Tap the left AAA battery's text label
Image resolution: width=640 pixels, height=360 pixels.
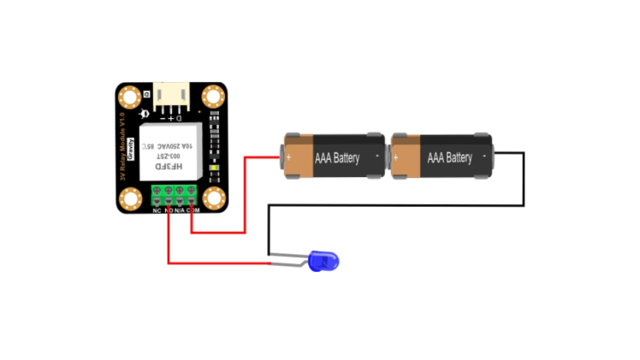[x=337, y=158]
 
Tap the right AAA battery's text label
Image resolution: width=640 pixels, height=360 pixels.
[x=449, y=158]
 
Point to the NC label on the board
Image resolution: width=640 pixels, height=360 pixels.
[x=157, y=210]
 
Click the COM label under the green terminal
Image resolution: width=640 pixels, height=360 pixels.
[x=193, y=210]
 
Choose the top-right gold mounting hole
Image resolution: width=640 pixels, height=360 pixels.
[x=212, y=97]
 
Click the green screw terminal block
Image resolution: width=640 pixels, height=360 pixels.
[x=175, y=192]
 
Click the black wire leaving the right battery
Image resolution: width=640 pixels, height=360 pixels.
[x=524, y=180]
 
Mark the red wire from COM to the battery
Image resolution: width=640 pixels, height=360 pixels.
[x=246, y=197]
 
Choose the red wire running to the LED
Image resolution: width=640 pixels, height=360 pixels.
[x=214, y=261]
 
